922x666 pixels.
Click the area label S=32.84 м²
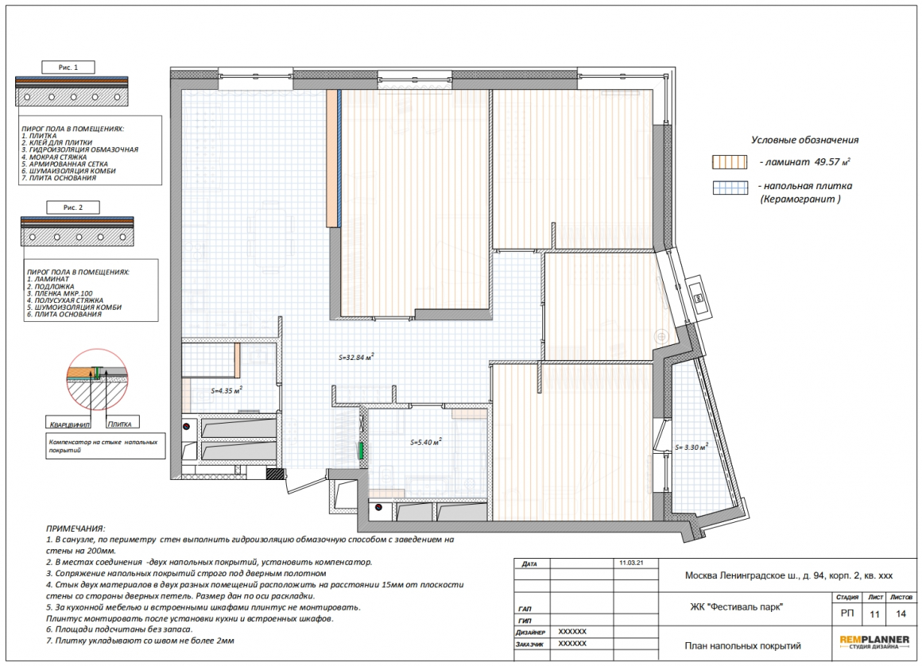coord(356,357)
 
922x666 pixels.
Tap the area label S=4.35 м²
coord(227,389)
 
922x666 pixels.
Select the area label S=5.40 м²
coord(426,442)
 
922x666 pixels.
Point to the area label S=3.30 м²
coord(691,447)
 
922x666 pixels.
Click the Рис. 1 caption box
coord(68,68)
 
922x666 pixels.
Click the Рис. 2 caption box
coord(73,207)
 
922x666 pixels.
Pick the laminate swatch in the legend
coord(730,162)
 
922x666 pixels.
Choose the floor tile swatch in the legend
coord(730,188)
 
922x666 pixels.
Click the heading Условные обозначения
coord(804,140)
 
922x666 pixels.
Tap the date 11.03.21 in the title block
coord(631,563)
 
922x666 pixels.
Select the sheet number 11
coord(875,614)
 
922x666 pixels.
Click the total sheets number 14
coord(901,614)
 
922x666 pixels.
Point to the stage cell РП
coord(847,614)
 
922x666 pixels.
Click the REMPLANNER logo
coord(874,642)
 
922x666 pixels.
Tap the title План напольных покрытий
coord(742,646)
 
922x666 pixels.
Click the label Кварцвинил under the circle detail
coord(69,424)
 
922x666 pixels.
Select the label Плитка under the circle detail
coord(119,424)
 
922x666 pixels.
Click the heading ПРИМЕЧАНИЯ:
coord(76,529)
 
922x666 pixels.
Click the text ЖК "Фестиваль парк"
coord(736,607)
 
